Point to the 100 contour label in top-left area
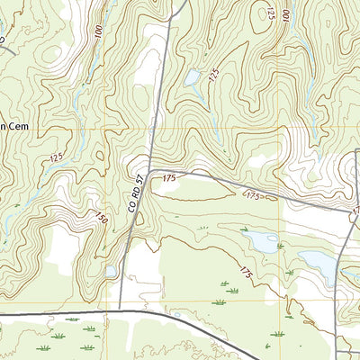coord(96,29)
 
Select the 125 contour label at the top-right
coord(271,13)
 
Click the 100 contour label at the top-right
coord(287,14)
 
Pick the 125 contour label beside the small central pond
coord(214,77)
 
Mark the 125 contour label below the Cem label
coord(58,158)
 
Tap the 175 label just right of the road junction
coord(168,179)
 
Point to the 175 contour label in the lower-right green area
coord(246,271)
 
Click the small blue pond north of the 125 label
coord(193,79)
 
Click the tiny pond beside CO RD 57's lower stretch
coord(110,271)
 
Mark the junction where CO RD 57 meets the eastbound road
coord(148,171)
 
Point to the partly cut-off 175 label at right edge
coord(355,210)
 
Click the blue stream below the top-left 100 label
coord(81,90)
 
